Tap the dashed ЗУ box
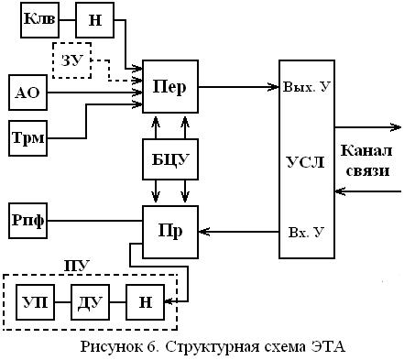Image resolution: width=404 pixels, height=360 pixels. point(71,60)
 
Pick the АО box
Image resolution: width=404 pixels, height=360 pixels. point(27,93)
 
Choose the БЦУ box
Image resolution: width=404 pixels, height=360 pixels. point(170,158)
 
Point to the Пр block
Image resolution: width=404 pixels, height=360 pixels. point(169,228)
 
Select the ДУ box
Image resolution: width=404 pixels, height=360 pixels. point(88,302)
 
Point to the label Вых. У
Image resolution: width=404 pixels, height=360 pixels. point(306,87)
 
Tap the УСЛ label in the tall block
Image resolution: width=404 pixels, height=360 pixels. point(305,161)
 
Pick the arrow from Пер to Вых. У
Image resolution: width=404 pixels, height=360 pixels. point(238,88)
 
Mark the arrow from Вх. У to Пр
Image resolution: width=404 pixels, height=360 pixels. point(238,230)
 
